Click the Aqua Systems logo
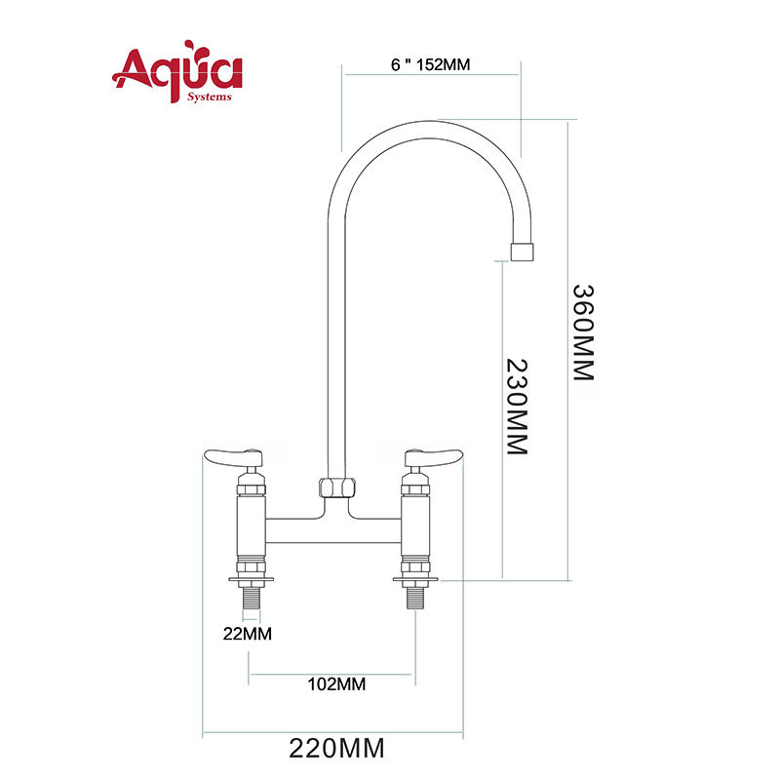pyautogui.click(x=177, y=71)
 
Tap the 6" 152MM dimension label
pyautogui.click(x=430, y=64)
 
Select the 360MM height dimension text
pyautogui.click(x=583, y=332)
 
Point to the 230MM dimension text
pyautogui.click(x=517, y=407)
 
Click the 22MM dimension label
pyautogui.click(x=248, y=634)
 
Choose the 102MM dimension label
pyautogui.click(x=336, y=684)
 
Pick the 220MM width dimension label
pyautogui.click(x=336, y=748)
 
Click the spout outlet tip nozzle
pyautogui.click(x=522, y=252)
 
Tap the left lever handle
pyautogui.click(x=233, y=457)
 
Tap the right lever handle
pyautogui.click(x=434, y=457)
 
